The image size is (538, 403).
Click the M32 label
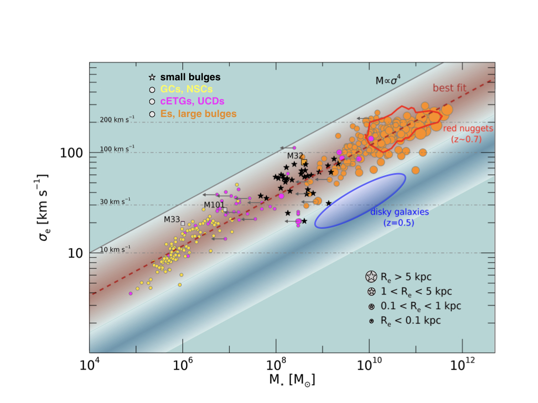295,156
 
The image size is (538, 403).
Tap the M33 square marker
183,224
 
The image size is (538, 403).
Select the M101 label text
214,205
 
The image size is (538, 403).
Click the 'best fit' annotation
450,88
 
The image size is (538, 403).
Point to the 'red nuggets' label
468,129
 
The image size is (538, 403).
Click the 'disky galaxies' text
400,212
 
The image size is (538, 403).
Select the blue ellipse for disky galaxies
360,201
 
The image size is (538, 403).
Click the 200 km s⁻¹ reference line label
117,120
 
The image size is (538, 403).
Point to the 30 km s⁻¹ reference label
115,201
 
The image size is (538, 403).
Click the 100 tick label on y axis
71,153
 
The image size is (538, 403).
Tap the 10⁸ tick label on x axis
276,365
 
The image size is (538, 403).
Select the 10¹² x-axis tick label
462,365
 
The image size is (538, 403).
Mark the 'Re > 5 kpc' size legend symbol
371,277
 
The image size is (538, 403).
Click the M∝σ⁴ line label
388,80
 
